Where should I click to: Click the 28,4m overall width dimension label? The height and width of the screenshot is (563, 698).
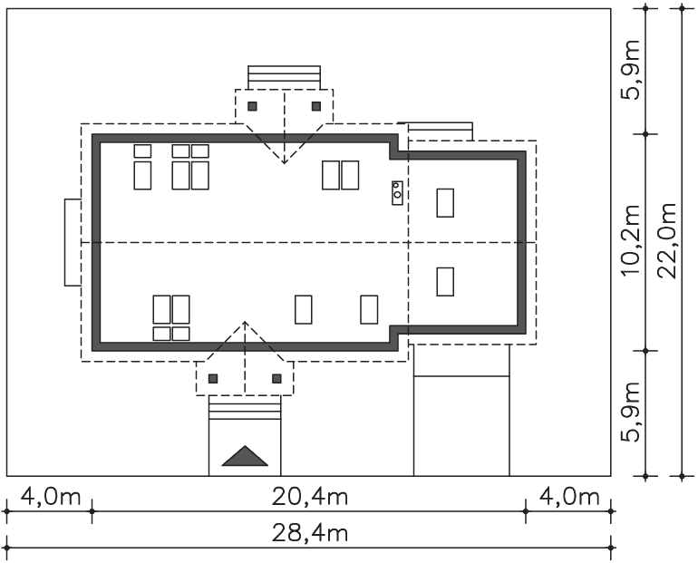pos(310,534)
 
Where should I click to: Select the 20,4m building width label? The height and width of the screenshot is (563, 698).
pos(310,497)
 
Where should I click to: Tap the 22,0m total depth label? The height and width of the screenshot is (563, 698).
pos(667,241)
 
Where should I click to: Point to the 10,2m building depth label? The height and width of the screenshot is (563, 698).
pos(630,241)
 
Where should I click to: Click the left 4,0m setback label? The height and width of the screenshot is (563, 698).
pos(51,497)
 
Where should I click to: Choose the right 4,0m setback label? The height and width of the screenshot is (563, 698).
pos(569,497)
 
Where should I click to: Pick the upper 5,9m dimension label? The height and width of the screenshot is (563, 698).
pos(630,70)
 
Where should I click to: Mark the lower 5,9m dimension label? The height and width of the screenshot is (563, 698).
pos(630,413)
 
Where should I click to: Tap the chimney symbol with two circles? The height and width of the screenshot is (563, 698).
pos(398,193)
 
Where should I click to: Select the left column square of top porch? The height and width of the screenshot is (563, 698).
pos(252,106)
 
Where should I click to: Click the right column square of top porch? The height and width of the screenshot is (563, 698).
pos(316,106)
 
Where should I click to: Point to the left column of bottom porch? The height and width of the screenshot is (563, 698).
pos(213,379)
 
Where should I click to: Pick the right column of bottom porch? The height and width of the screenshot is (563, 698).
pos(276,379)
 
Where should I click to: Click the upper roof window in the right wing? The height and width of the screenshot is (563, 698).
pos(445,203)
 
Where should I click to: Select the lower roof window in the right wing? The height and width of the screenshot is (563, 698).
pos(445,282)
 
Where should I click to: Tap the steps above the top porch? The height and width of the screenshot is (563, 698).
pos(284,77)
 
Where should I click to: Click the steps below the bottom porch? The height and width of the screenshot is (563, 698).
pos(245,407)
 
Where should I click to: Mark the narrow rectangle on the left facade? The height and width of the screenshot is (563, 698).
pos(73,243)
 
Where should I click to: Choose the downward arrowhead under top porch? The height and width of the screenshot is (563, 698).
pos(284,161)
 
